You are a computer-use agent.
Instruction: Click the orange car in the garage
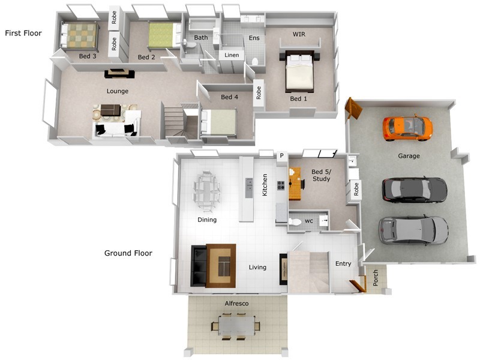click(407, 128)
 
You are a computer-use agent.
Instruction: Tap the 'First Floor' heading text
click(23, 33)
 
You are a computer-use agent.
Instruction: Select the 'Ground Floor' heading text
click(128, 253)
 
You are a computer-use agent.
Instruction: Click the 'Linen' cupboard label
click(232, 55)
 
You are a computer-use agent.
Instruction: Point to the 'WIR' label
click(299, 34)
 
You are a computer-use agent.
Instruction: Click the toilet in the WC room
click(295, 221)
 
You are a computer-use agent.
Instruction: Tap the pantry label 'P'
click(281, 156)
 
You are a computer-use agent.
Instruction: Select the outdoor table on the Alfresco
click(236, 326)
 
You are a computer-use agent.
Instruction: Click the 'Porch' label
click(376, 278)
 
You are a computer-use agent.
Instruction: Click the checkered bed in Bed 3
click(80, 36)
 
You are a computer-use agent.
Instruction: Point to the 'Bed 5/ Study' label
click(321, 175)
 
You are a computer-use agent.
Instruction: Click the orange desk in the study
click(295, 184)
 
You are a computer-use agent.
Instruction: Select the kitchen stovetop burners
click(281, 185)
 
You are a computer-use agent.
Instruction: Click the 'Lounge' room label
click(118, 91)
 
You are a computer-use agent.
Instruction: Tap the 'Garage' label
click(409, 156)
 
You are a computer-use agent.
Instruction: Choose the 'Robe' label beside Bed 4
click(259, 93)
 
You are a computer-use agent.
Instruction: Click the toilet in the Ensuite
click(254, 61)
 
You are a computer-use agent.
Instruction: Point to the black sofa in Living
click(199, 266)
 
